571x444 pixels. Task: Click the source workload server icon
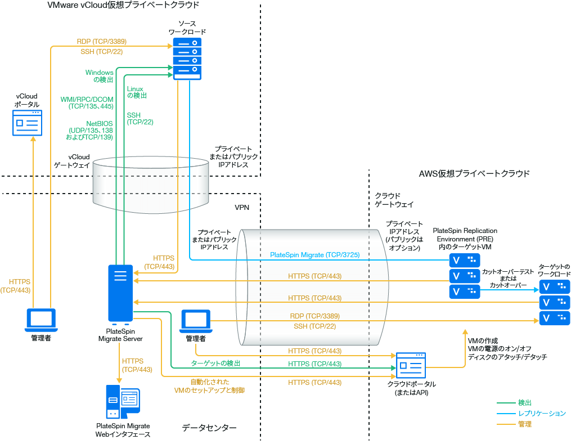187,59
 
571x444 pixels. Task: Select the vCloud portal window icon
28,123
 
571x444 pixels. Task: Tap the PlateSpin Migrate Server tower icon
120,293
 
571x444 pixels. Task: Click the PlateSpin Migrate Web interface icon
123,402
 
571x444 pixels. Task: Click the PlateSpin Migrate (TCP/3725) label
314,255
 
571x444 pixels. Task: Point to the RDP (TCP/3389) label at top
101,41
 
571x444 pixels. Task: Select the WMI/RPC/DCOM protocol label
87,102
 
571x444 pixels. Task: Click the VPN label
242,207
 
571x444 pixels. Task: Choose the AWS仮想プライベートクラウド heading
474,173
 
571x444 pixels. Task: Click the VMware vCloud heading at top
123,5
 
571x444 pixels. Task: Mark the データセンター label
209,428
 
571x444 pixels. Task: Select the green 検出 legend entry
525,403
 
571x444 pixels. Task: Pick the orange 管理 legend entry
525,424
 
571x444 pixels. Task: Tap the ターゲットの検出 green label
215,364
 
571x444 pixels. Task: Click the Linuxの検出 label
136,92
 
